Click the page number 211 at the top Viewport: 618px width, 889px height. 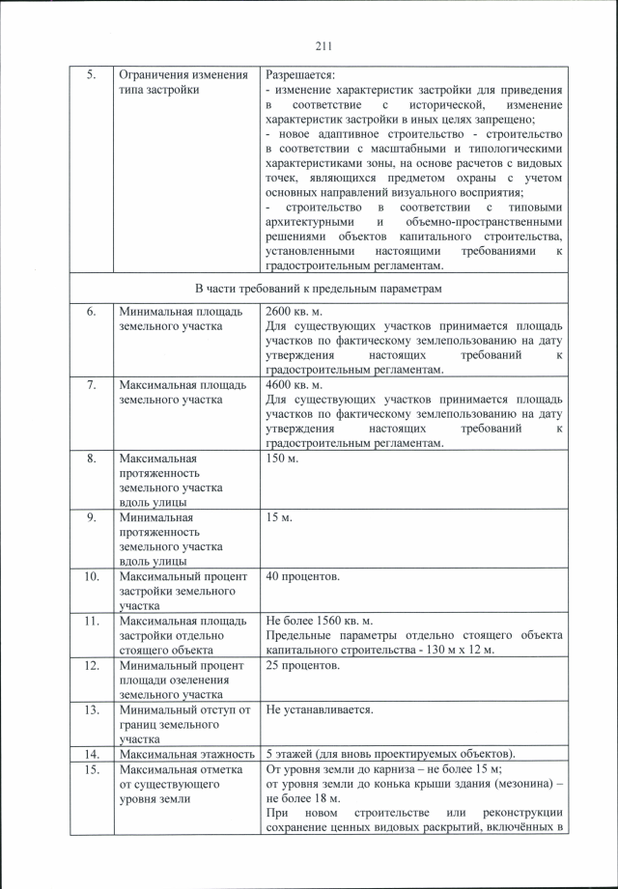(x=323, y=44)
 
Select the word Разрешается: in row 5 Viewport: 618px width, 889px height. (x=300, y=74)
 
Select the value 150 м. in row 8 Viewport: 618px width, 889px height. (x=282, y=458)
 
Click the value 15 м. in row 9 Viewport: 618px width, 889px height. (x=279, y=517)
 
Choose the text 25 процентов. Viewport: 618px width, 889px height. (x=302, y=666)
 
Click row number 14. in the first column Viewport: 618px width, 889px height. (x=90, y=754)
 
